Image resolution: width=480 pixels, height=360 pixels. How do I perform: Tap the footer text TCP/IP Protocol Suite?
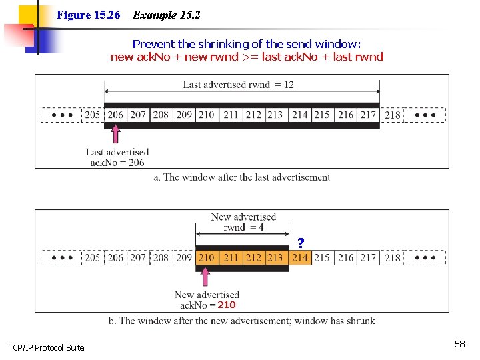(x=46, y=347)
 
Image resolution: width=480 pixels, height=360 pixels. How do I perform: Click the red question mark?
(x=301, y=243)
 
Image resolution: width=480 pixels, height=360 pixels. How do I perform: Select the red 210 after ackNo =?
(x=227, y=305)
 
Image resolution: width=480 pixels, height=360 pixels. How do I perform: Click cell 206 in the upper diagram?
(x=116, y=115)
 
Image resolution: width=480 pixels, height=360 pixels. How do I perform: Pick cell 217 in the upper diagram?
(x=368, y=115)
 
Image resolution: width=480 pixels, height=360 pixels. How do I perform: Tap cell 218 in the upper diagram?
(x=393, y=115)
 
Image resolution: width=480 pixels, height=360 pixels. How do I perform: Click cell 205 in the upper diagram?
(x=93, y=115)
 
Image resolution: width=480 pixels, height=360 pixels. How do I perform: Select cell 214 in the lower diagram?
(x=300, y=257)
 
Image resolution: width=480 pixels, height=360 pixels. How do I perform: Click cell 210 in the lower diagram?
(x=207, y=257)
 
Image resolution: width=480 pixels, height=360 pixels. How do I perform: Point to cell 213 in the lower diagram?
(x=275, y=257)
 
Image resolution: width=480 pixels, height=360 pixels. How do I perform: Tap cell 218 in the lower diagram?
(x=393, y=257)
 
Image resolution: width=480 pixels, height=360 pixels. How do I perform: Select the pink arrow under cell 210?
(x=205, y=277)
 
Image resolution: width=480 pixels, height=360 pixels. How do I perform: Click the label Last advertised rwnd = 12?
(x=238, y=85)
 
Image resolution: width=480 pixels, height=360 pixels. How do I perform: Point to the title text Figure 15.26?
(x=89, y=15)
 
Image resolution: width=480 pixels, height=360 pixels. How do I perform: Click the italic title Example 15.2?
(x=167, y=15)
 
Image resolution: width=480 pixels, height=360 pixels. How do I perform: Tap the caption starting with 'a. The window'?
(x=241, y=177)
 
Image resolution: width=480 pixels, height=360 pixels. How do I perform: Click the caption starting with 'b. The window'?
(x=241, y=321)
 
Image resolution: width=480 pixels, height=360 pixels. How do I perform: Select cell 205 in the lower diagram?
(x=93, y=257)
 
